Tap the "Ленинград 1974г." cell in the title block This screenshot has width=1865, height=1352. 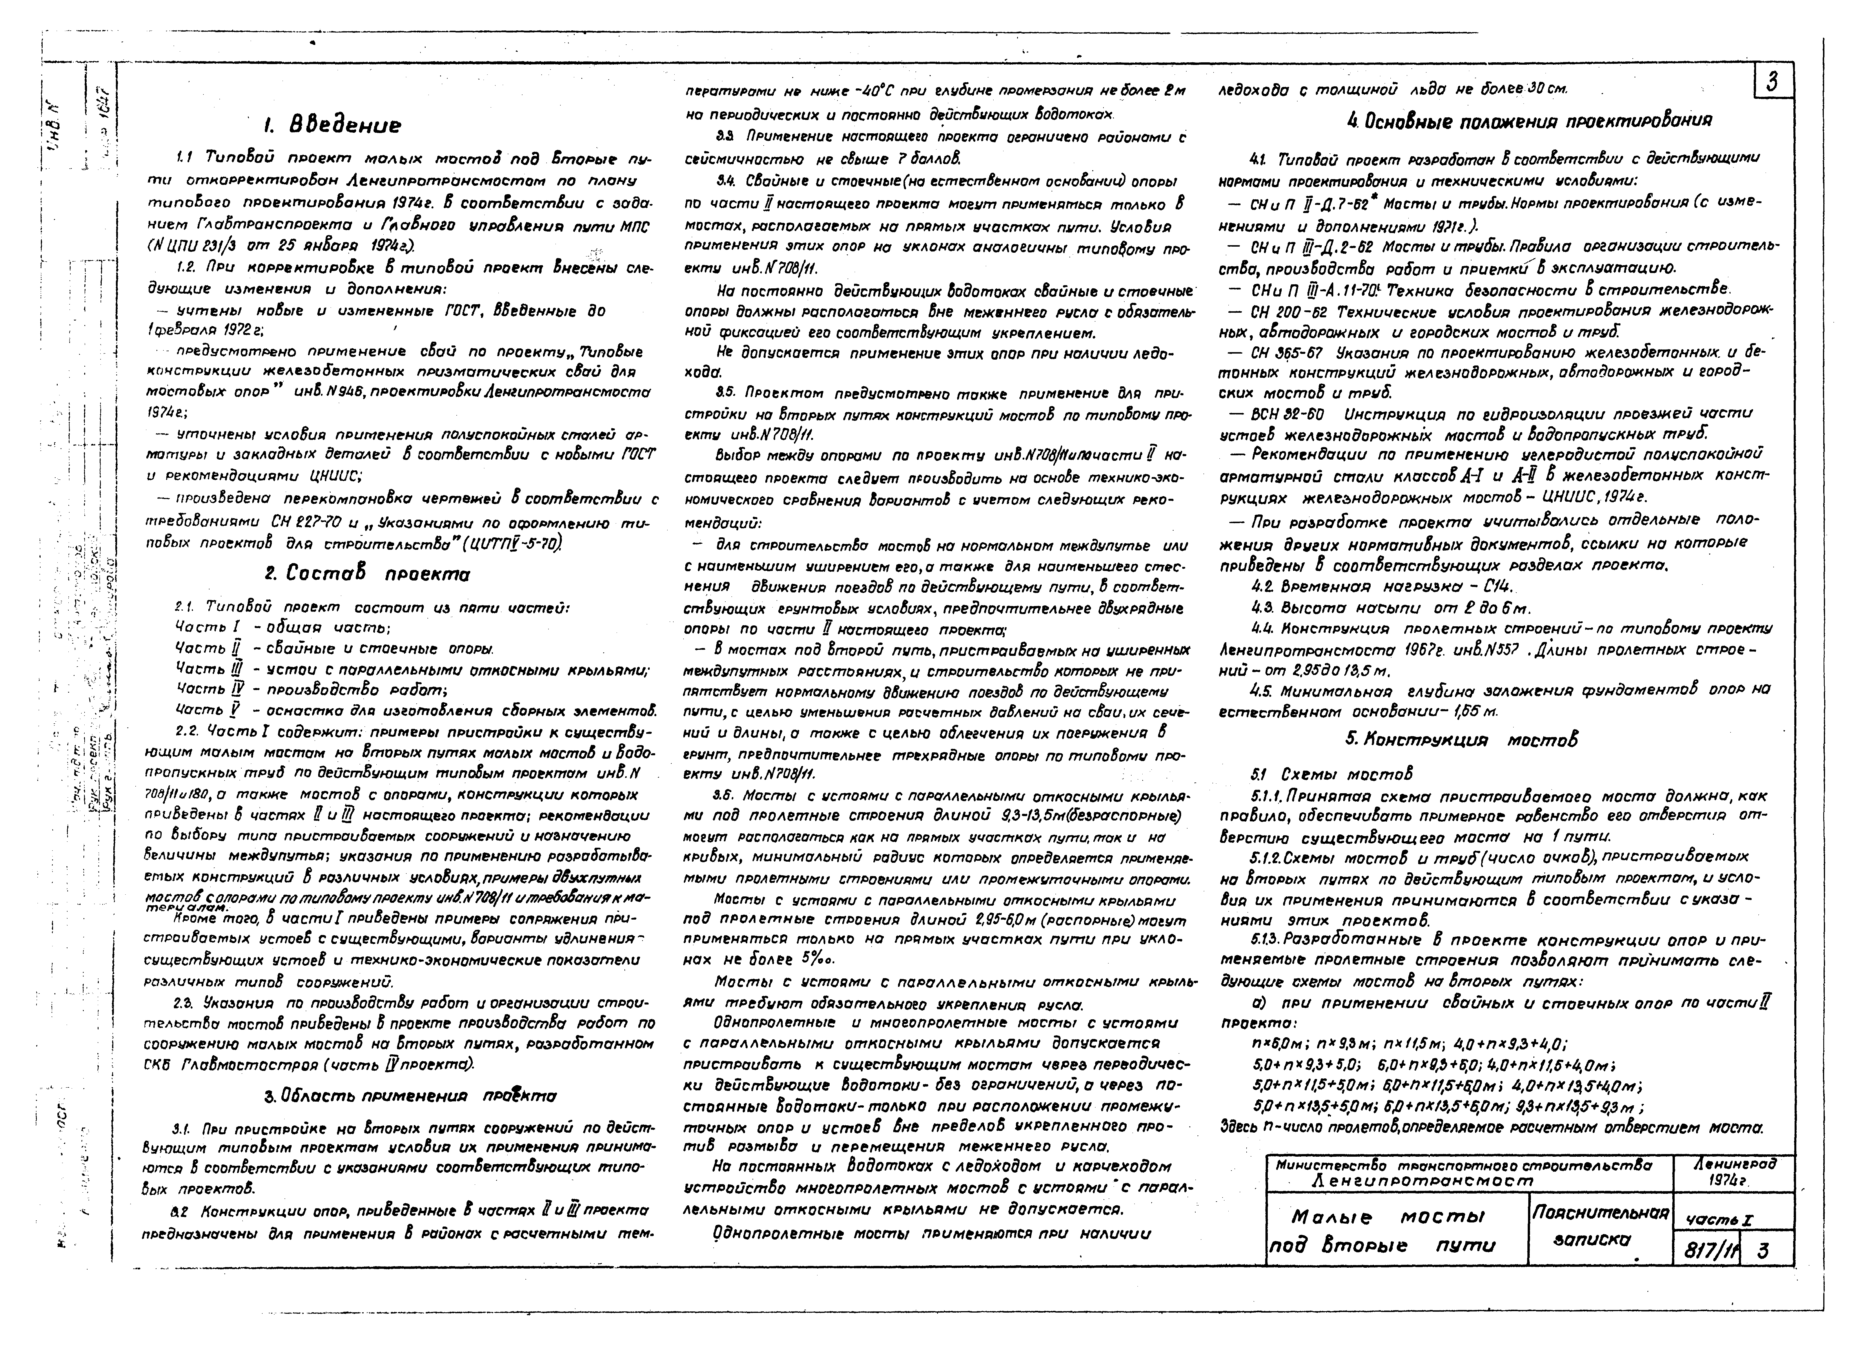coord(1733,1172)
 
